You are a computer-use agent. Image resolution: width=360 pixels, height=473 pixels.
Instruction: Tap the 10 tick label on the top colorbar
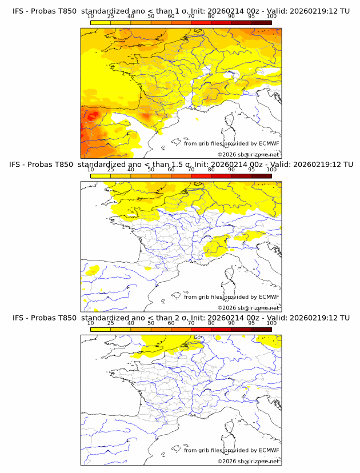click(90, 17)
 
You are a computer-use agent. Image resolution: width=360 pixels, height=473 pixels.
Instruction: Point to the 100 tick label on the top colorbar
click(271, 17)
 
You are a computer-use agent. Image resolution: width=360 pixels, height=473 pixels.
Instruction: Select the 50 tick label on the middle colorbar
click(151, 170)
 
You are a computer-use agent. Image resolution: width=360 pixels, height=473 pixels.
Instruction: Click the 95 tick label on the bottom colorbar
click(251, 323)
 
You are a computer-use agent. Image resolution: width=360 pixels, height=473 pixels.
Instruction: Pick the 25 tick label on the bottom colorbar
click(110, 323)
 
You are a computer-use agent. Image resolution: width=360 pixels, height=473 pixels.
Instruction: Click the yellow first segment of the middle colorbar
click(100, 175)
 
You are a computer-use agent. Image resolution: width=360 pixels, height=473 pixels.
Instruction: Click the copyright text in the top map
click(248, 155)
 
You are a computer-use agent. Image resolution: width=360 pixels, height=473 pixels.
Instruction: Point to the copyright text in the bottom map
click(248, 461)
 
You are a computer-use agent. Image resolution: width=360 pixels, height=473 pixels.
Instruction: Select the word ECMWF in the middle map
click(269, 297)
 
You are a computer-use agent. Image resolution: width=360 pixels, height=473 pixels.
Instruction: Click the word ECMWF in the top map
click(269, 144)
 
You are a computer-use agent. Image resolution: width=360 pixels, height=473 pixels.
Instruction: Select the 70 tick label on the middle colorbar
click(191, 170)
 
